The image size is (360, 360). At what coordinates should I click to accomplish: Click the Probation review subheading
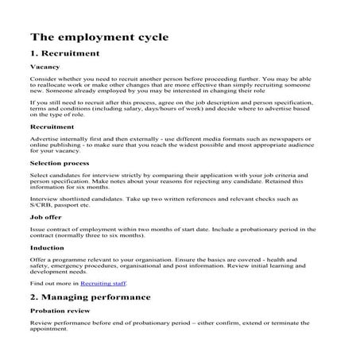pyautogui.click(x=59, y=311)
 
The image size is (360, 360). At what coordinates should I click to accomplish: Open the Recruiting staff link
pyautogui.click(x=102, y=283)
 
